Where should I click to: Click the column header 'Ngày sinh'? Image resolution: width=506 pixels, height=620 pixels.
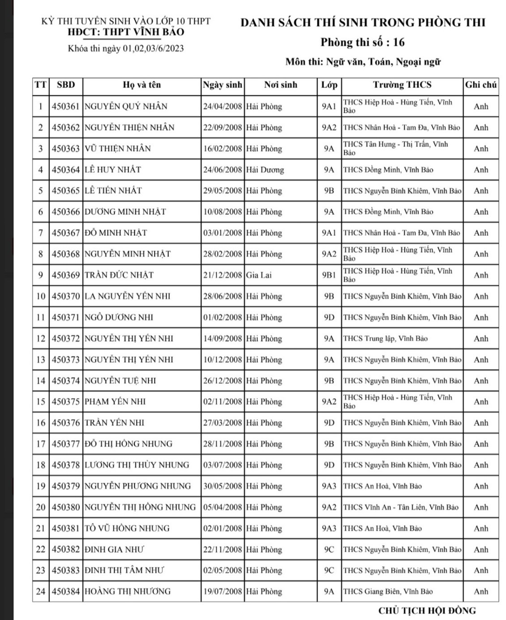[222, 85]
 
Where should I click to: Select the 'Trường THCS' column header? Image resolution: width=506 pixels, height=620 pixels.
[402, 85]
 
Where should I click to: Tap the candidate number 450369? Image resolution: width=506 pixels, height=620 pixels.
[65, 275]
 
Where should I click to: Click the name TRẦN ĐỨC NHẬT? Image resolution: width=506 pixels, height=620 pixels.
[119, 275]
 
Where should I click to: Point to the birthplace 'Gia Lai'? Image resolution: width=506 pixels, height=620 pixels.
[259, 275]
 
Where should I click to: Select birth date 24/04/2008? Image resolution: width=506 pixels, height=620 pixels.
[222, 106]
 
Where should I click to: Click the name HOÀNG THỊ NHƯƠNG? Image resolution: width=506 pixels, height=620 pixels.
[128, 591]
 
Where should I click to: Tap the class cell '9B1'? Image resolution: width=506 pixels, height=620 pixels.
[329, 275]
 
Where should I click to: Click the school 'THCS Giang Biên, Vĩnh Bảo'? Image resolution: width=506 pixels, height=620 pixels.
[388, 591]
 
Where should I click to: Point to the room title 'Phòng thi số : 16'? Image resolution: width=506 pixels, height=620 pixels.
[362, 42]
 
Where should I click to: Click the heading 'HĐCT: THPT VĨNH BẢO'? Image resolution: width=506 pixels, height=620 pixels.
[126, 32]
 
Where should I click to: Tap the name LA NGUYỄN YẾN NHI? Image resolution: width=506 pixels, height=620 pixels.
[128, 296]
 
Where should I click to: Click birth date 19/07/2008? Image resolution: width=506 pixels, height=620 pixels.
[222, 591]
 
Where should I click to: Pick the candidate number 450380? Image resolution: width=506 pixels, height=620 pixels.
[65, 507]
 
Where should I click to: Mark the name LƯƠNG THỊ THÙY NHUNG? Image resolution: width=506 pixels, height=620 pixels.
[137, 465]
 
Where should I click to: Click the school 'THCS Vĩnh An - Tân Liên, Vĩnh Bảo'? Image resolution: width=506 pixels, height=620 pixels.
[401, 507]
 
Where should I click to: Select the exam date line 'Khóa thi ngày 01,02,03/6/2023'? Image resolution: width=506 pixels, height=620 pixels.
[126, 49]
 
